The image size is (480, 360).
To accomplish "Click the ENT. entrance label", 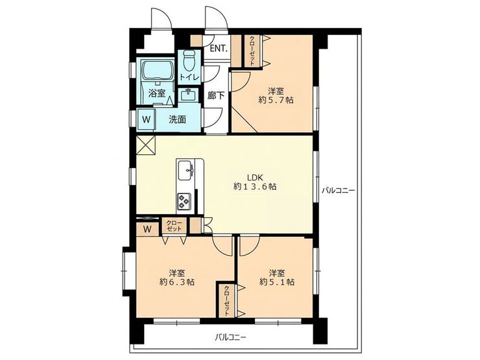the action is click(x=219, y=49).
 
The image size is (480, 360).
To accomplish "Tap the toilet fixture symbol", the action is click(x=189, y=60).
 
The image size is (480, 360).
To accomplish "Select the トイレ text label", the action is click(x=189, y=77).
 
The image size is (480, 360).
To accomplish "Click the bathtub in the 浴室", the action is click(x=157, y=71).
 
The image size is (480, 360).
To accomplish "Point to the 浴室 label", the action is click(x=157, y=93).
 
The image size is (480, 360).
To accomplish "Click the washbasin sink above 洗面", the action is click(x=188, y=95).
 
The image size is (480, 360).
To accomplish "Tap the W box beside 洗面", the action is click(x=147, y=119).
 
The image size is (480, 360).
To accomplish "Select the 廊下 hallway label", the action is click(x=216, y=95).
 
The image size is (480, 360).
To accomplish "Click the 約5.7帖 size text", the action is click(x=276, y=100).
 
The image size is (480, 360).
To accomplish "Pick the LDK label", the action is click(x=256, y=177).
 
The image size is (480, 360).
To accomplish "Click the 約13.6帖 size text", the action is click(x=255, y=186).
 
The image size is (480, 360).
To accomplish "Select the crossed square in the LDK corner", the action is click(x=146, y=146).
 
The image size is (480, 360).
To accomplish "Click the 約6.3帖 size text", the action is click(x=177, y=282).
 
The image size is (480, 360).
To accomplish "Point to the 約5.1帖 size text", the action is click(x=277, y=282).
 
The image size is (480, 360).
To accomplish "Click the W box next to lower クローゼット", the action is click(x=147, y=230).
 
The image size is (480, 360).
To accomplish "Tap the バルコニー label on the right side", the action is click(x=338, y=191).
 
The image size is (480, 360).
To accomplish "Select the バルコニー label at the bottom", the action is click(x=230, y=338).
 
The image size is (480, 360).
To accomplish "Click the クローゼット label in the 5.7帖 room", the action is click(x=252, y=51).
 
